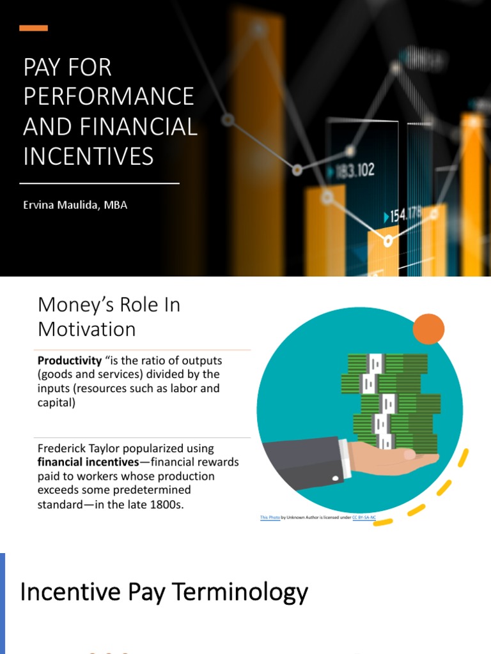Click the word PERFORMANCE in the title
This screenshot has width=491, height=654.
click(x=109, y=96)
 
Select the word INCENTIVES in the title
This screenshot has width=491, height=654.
click(x=88, y=156)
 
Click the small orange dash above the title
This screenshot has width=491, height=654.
click(x=33, y=28)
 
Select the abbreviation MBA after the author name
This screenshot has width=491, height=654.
click(x=116, y=206)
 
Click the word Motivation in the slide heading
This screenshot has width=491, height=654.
click(x=86, y=329)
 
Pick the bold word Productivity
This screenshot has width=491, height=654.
click(x=70, y=361)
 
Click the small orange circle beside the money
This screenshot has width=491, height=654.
click(x=428, y=328)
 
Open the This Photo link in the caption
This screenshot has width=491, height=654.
click(x=269, y=518)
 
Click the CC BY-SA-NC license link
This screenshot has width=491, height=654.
click(x=364, y=518)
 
